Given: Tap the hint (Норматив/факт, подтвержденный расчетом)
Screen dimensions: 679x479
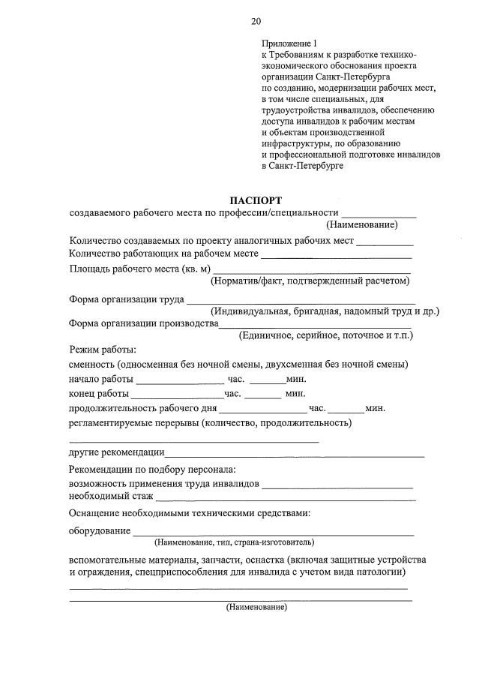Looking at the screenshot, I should (310, 281).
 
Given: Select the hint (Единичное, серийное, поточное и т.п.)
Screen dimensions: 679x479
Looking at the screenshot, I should (325, 335).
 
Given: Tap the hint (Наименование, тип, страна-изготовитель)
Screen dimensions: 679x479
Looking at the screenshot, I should (234, 542).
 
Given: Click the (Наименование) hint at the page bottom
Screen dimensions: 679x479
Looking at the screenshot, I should (256, 608).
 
